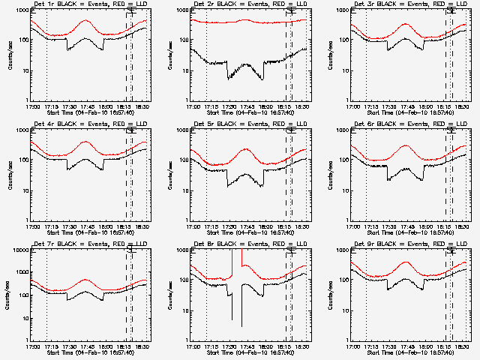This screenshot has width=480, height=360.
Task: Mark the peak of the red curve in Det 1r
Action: point(86,22)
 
